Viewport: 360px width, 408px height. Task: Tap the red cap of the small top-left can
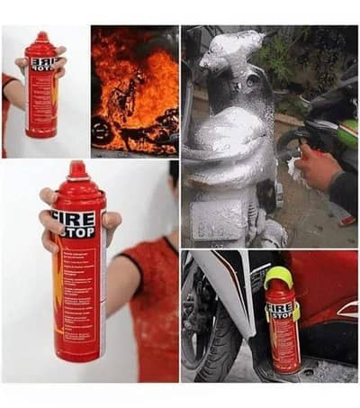point(41,39)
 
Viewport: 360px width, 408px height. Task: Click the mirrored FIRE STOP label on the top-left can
point(42,64)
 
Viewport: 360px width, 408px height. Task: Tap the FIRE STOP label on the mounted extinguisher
point(281,312)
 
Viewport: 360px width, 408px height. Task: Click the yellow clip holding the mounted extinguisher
point(297,311)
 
